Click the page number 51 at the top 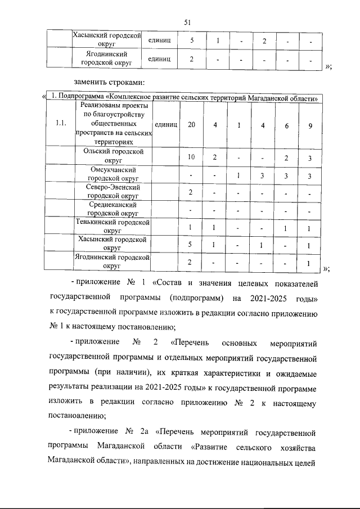(188, 22)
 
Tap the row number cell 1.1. (62, 124)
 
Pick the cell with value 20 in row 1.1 (192, 124)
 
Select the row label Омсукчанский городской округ (113, 174)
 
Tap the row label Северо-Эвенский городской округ (113, 191)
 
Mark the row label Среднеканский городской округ (113, 209)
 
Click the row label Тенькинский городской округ (113, 226)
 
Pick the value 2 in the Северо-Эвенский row (192, 192)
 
